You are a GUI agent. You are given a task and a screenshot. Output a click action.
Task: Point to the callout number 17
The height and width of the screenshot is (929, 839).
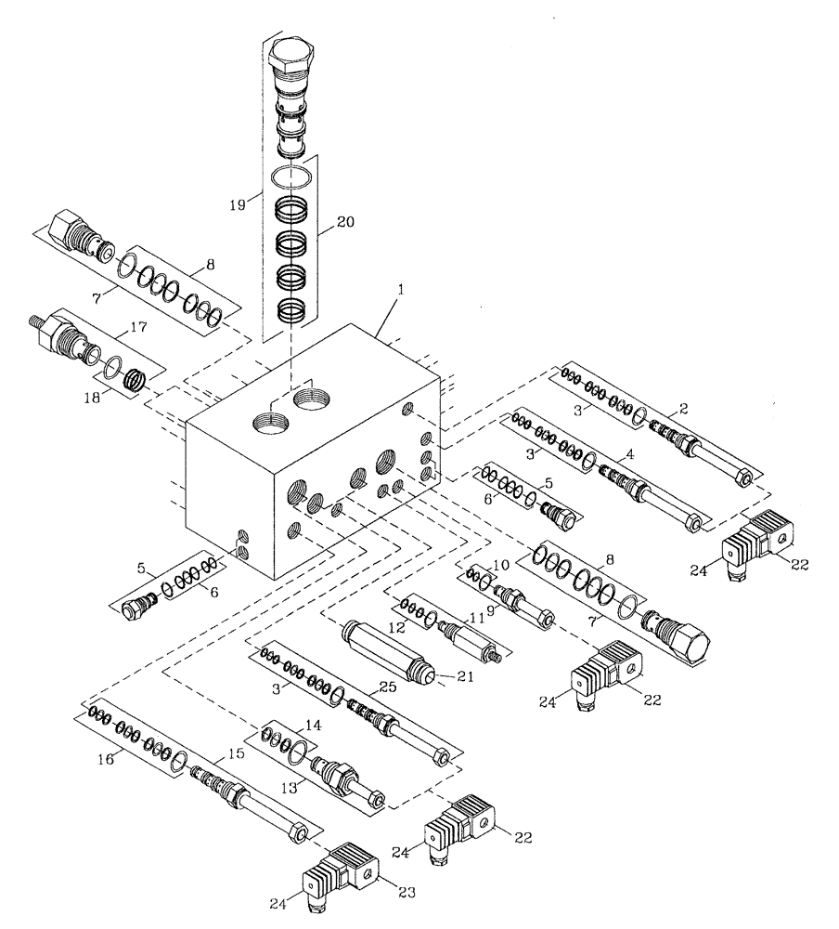click(x=138, y=327)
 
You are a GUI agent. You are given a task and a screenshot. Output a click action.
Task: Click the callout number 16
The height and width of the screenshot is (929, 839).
click(x=107, y=759)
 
